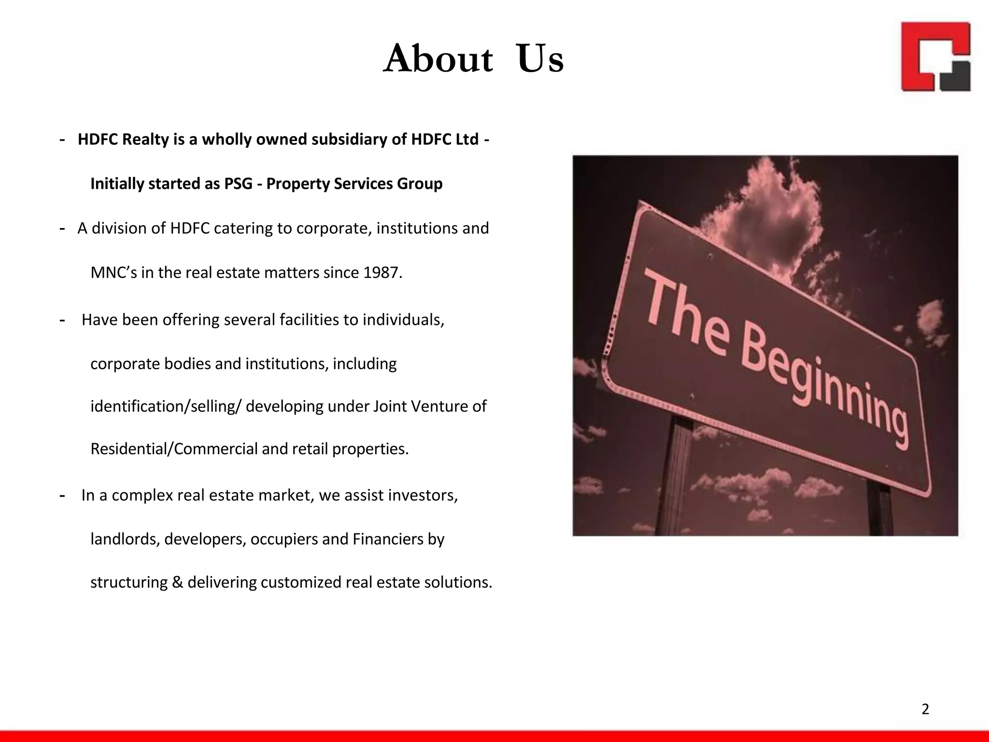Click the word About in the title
(438, 59)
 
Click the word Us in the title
(540, 59)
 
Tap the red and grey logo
(935, 57)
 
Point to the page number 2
(925, 709)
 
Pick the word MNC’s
(114, 273)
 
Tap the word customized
(301, 583)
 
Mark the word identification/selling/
(166, 407)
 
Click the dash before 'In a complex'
(62, 496)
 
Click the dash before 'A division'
(62, 228)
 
